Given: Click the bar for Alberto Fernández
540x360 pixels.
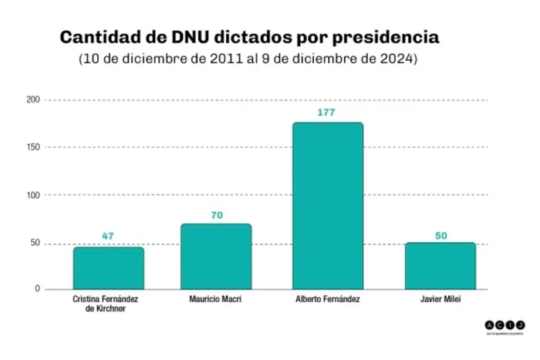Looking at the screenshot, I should [x=328, y=206].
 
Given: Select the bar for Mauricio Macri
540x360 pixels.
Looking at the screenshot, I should [x=216, y=256].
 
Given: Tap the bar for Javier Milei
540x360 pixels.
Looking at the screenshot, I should [x=440, y=266].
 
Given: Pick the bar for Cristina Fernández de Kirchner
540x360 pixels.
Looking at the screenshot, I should [x=108, y=267].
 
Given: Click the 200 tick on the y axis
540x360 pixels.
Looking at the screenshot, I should [x=32, y=100].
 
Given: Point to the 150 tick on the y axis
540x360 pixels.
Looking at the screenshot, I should [x=32, y=147].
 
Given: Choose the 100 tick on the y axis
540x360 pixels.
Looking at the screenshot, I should [x=32, y=195].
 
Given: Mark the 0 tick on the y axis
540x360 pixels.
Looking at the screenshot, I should [x=36, y=289].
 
